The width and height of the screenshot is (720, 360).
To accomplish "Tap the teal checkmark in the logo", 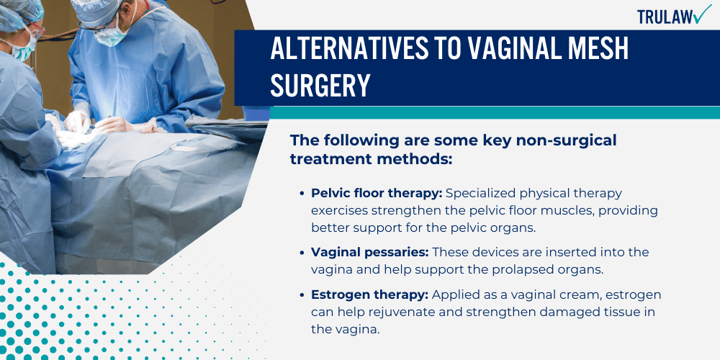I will (x=699, y=15).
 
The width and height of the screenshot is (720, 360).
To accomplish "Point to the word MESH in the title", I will (x=590, y=48).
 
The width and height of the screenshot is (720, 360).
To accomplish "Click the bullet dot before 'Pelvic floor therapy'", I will (x=302, y=194).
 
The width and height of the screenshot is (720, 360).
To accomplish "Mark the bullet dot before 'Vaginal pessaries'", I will (x=302, y=252).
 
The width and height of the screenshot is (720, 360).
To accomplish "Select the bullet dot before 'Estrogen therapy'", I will (x=302, y=295).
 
